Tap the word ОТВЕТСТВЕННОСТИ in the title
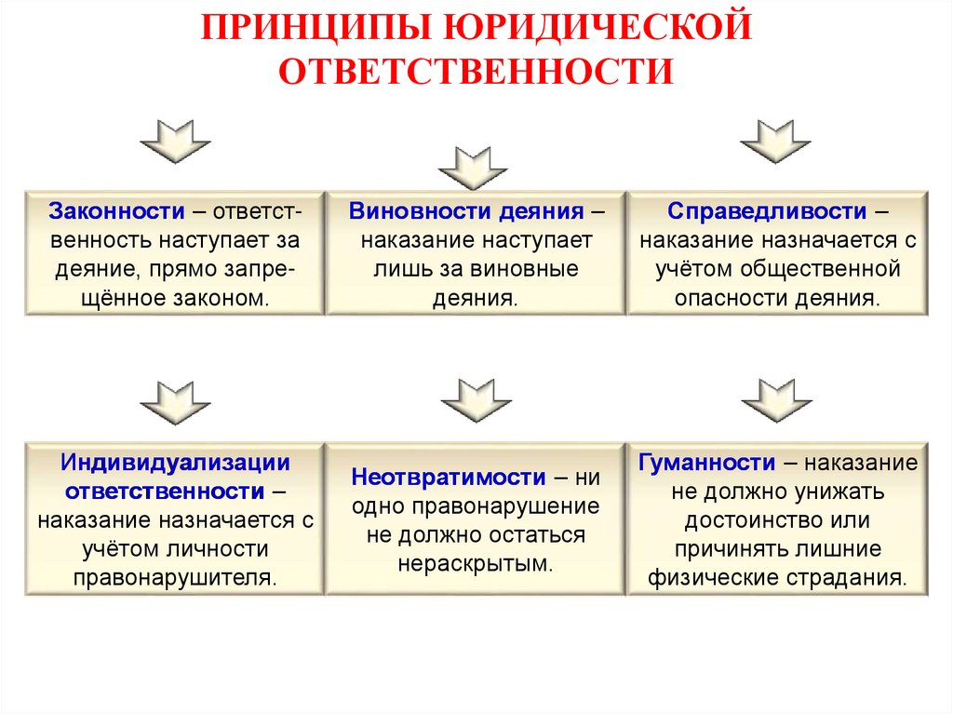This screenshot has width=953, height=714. pos(476,72)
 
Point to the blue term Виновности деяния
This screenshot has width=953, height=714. pos(466,210)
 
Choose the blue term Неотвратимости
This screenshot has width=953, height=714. pos(449,478)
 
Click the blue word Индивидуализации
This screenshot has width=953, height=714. pos(176,463)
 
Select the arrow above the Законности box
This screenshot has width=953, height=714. pos(175,141)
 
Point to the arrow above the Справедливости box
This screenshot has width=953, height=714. pos(775,141)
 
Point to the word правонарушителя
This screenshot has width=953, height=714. pos(174,576)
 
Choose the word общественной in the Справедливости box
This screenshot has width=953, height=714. pos(820,270)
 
